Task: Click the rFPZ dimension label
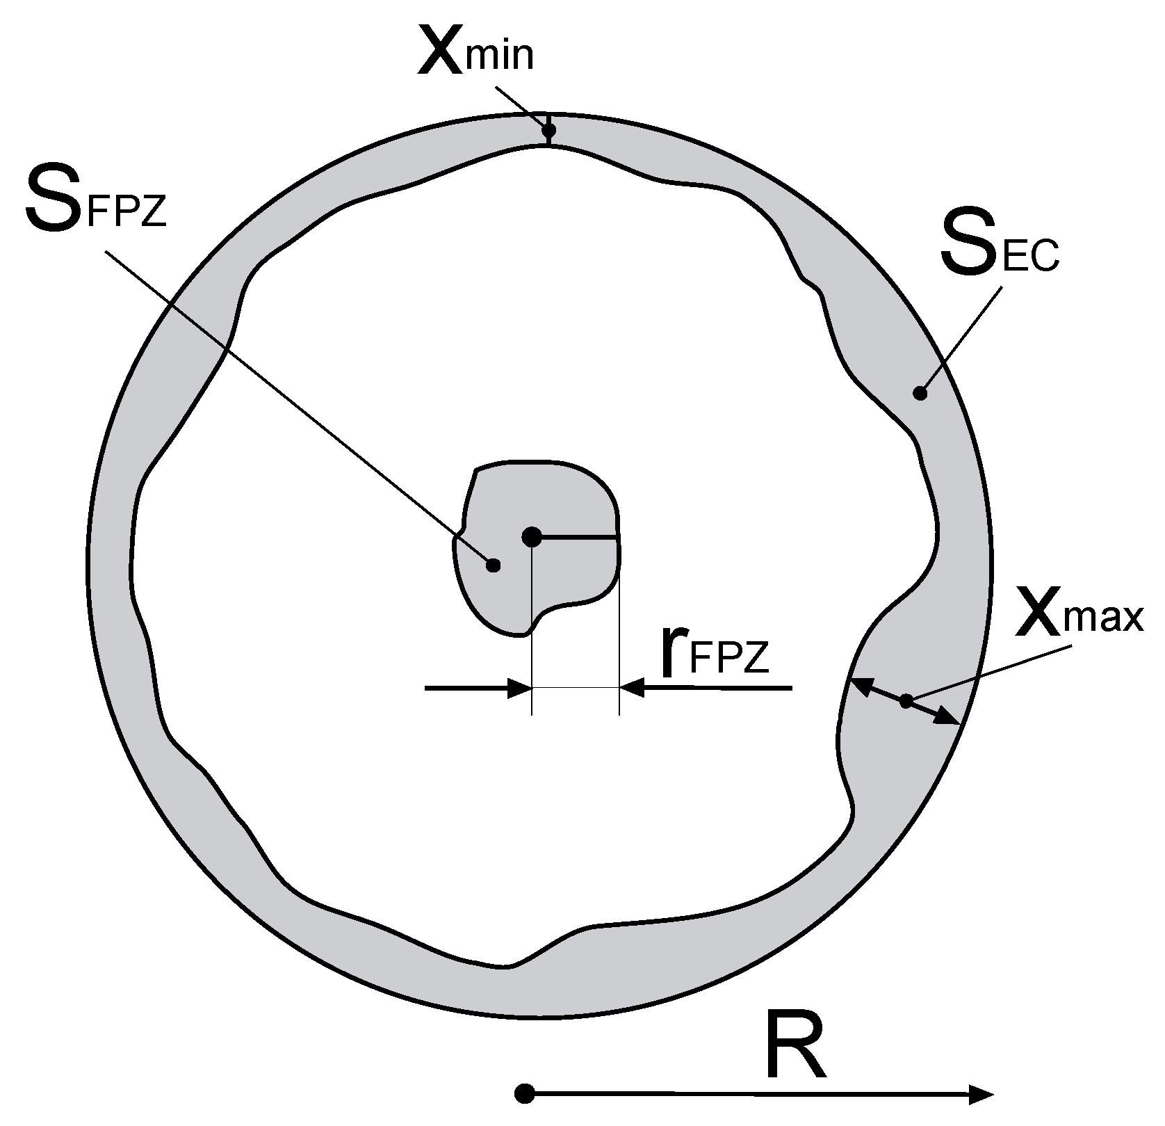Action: [x=715, y=654]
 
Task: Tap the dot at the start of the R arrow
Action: [x=526, y=1094]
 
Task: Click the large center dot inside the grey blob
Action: [x=532, y=536]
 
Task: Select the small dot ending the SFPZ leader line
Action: [x=493, y=565]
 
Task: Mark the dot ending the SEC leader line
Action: [x=920, y=393]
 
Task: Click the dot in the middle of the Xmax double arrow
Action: [x=906, y=701]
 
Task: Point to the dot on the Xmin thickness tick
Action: [x=549, y=129]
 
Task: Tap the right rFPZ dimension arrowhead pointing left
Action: [x=632, y=689]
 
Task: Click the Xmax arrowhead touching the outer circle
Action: [x=950, y=718]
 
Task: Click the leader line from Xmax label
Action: [x=987, y=671]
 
